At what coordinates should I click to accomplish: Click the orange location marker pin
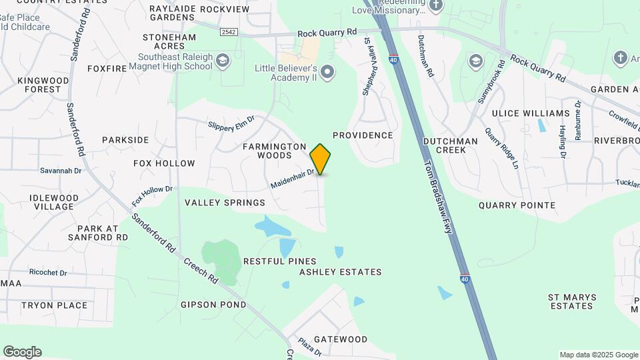[321, 159]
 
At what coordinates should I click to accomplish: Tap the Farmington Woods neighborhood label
[275, 151]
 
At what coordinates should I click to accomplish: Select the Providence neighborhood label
[363, 135]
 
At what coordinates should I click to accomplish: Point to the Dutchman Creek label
[451, 146]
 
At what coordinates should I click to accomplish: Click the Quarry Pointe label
[517, 205]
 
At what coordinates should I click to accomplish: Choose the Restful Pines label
[279, 261]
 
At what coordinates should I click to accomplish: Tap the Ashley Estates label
[340, 272]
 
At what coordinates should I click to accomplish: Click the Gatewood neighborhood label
[341, 339]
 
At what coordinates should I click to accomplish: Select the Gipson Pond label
[213, 305]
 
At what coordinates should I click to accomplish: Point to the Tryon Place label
[54, 305]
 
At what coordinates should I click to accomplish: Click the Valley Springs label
[225, 203]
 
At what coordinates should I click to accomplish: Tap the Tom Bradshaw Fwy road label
[437, 191]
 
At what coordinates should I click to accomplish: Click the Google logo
[22, 352]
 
